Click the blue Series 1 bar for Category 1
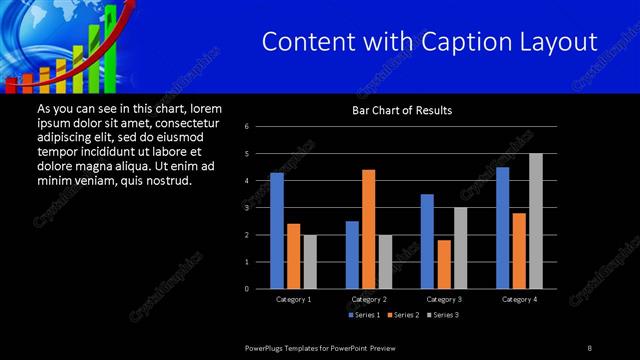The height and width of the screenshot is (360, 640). [277, 231]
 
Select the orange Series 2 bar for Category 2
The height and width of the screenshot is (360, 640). [369, 229]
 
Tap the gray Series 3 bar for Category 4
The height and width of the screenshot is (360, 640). [536, 221]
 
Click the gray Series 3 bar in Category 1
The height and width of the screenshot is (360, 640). [310, 262]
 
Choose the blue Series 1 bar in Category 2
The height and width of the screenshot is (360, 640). [352, 255]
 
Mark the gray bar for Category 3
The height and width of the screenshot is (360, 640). [461, 248]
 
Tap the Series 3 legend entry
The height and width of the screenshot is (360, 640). [444, 315]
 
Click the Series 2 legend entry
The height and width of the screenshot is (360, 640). [405, 315]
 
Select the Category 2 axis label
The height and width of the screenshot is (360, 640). [369, 299]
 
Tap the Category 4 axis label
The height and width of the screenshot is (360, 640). [519, 299]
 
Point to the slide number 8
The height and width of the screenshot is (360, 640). [590, 347]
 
